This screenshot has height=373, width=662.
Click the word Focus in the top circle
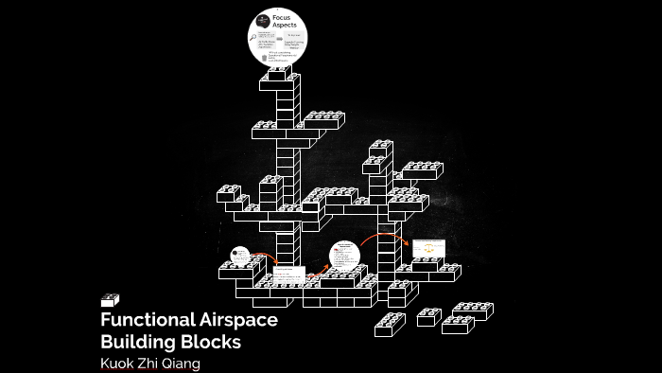282,17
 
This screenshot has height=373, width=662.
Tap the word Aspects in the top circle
285,25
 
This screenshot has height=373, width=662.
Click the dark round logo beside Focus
262,20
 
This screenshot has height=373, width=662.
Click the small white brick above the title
110,300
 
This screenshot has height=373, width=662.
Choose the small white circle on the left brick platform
240,256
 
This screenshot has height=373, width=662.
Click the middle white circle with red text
345,256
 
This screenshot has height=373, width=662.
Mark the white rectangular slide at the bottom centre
287,275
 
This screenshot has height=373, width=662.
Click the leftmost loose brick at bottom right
390,325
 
